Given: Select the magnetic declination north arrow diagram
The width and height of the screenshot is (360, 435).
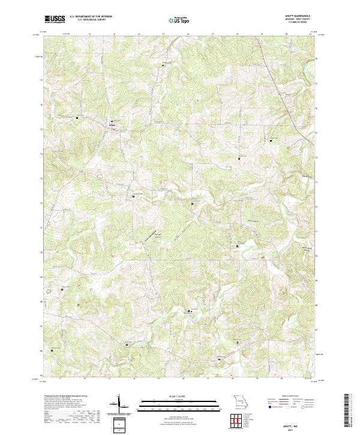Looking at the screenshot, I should [120, 404].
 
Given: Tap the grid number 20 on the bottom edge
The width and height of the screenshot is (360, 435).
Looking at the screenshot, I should [282, 379].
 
